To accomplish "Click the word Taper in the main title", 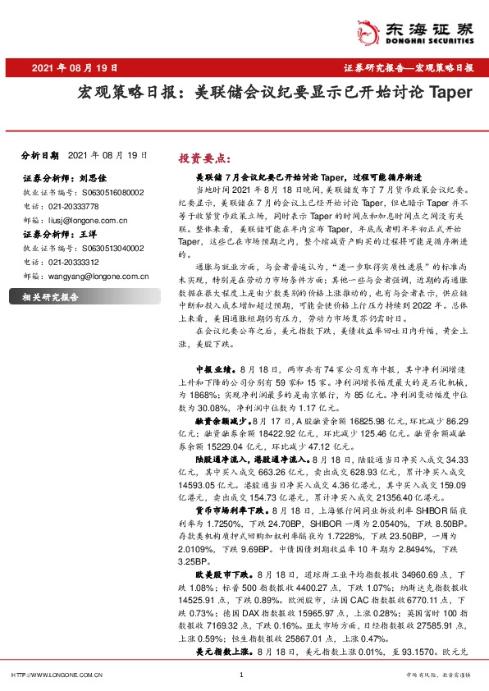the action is pyautogui.click(x=450, y=92).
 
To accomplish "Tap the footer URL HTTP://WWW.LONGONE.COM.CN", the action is pyautogui.click(x=56, y=675).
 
